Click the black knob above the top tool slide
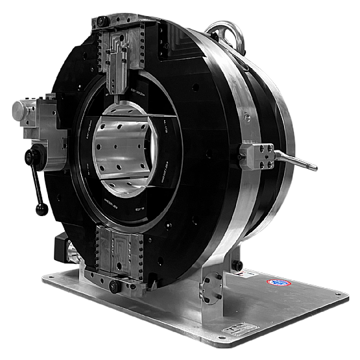pos(102,21)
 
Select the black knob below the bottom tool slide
pos(115,286)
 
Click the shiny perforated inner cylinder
pos(123,152)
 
